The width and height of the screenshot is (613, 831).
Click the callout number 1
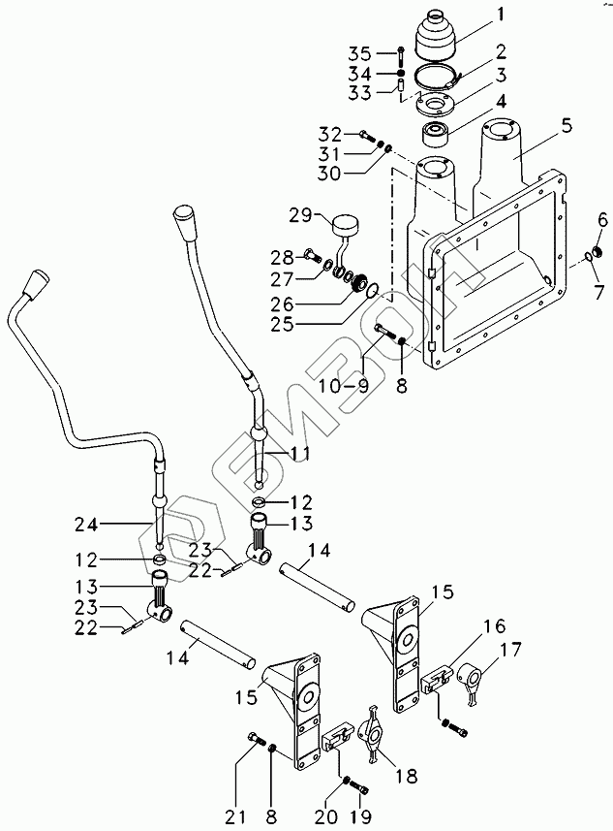(x=501, y=15)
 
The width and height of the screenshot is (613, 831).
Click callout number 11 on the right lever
(x=300, y=452)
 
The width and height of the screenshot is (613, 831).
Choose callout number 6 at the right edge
(x=601, y=222)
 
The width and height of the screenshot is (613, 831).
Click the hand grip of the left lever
(x=37, y=284)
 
